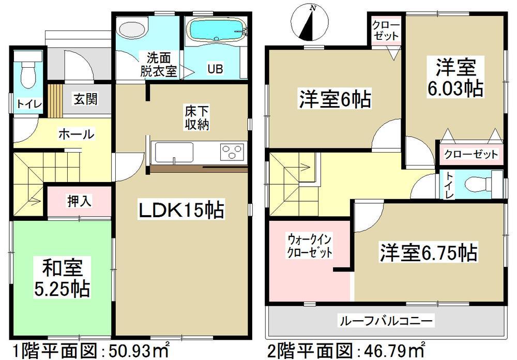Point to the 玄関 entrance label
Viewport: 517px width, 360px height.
tap(85, 99)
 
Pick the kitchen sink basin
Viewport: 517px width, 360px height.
tap(174, 153)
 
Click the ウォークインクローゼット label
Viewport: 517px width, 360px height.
tap(310, 247)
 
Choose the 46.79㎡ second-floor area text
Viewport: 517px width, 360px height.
tap(398, 349)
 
